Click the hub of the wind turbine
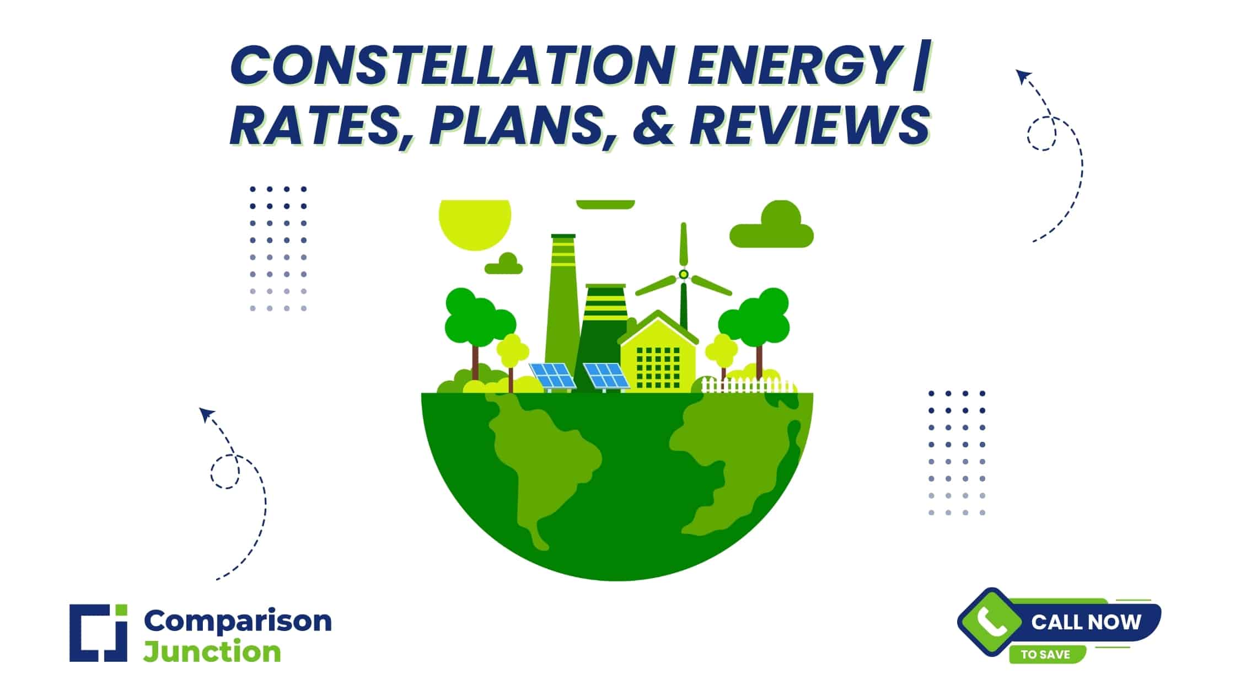pyautogui.click(x=684, y=274)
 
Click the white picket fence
pyautogui.click(x=748, y=384)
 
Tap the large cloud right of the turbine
pyautogui.click(x=772, y=224)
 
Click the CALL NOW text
pyautogui.click(x=1086, y=622)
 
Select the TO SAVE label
pyautogui.click(x=1045, y=655)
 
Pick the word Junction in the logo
pyautogui.click(x=212, y=652)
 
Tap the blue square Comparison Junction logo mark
pyautogui.click(x=98, y=633)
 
